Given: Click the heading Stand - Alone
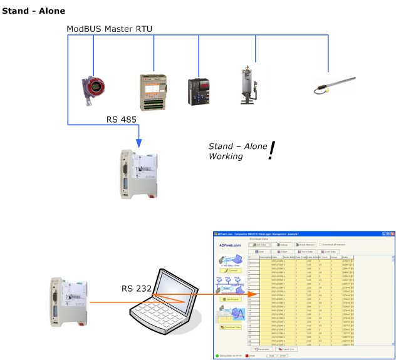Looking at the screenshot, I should pyautogui.click(x=34, y=11).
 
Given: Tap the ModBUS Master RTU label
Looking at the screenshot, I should pyautogui.click(x=110, y=29).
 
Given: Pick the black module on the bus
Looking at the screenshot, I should pyautogui.click(x=199, y=91).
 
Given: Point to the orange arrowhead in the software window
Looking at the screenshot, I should pyautogui.click(x=253, y=294).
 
